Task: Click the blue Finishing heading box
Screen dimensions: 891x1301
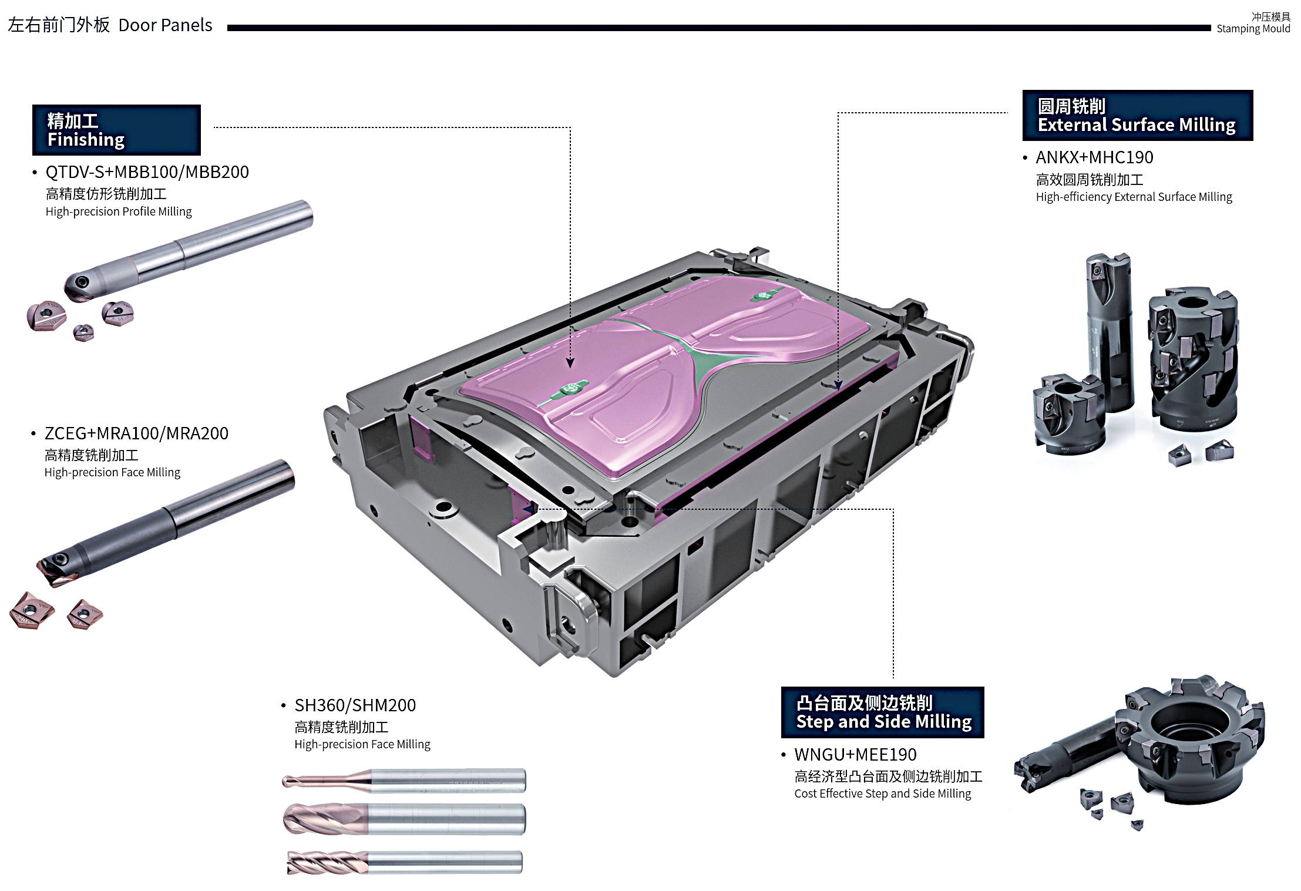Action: coord(116,130)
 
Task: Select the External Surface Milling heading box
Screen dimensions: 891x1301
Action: coord(1137,116)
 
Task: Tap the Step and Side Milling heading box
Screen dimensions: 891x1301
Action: coord(882,712)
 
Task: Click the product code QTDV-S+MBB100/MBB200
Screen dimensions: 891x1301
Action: coord(147,172)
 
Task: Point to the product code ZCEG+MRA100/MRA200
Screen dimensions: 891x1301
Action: coord(136,433)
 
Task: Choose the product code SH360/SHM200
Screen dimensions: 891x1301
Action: coord(355,705)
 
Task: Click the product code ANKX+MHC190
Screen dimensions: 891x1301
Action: coord(1094,157)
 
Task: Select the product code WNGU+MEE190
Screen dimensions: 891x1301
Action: coord(855,754)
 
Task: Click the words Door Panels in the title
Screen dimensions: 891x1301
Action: coord(165,25)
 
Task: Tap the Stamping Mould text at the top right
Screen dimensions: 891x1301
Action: coord(1253,28)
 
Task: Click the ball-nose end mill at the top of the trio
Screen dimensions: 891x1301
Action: coord(404,781)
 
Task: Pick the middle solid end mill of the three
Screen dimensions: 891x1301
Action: coord(404,819)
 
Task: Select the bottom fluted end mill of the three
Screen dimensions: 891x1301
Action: coord(404,862)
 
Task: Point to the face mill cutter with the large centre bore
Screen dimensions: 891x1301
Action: coord(1192,740)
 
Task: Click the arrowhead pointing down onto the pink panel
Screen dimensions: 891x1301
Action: coord(570,363)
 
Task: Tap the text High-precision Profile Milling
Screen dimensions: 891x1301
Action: coord(119,211)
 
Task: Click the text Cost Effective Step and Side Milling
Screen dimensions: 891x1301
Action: coord(882,794)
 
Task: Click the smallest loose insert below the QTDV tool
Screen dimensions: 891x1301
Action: coord(83,332)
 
